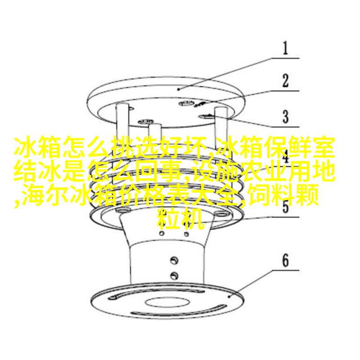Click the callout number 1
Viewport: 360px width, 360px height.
pyautogui.click(x=285, y=48)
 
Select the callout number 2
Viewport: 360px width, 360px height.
pyautogui.click(x=285, y=81)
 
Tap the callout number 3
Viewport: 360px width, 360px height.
pyautogui.click(x=285, y=117)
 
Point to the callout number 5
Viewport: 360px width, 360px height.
pyautogui.click(x=285, y=207)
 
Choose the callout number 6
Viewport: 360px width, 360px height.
pyautogui.click(x=285, y=261)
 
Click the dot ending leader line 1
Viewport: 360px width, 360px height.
pyautogui.click(x=179, y=89)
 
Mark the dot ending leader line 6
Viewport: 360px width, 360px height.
pyautogui.click(x=229, y=297)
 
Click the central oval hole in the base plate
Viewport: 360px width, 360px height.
pyautogui.click(x=167, y=302)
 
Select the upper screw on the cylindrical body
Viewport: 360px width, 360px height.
pyautogui.click(x=174, y=260)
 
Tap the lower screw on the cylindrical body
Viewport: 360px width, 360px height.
pyautogui.click(x=174, y=275)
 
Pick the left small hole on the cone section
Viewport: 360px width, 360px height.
pyautogui.click(x=162, y=234)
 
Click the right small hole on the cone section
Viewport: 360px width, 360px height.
pyautogui.click(x=186, y=234)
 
